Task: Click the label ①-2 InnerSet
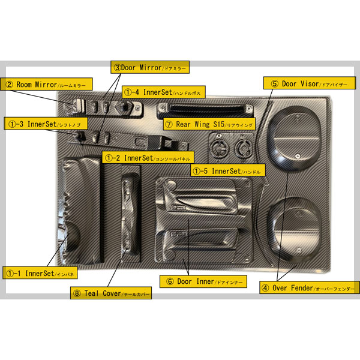click(148, 158)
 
